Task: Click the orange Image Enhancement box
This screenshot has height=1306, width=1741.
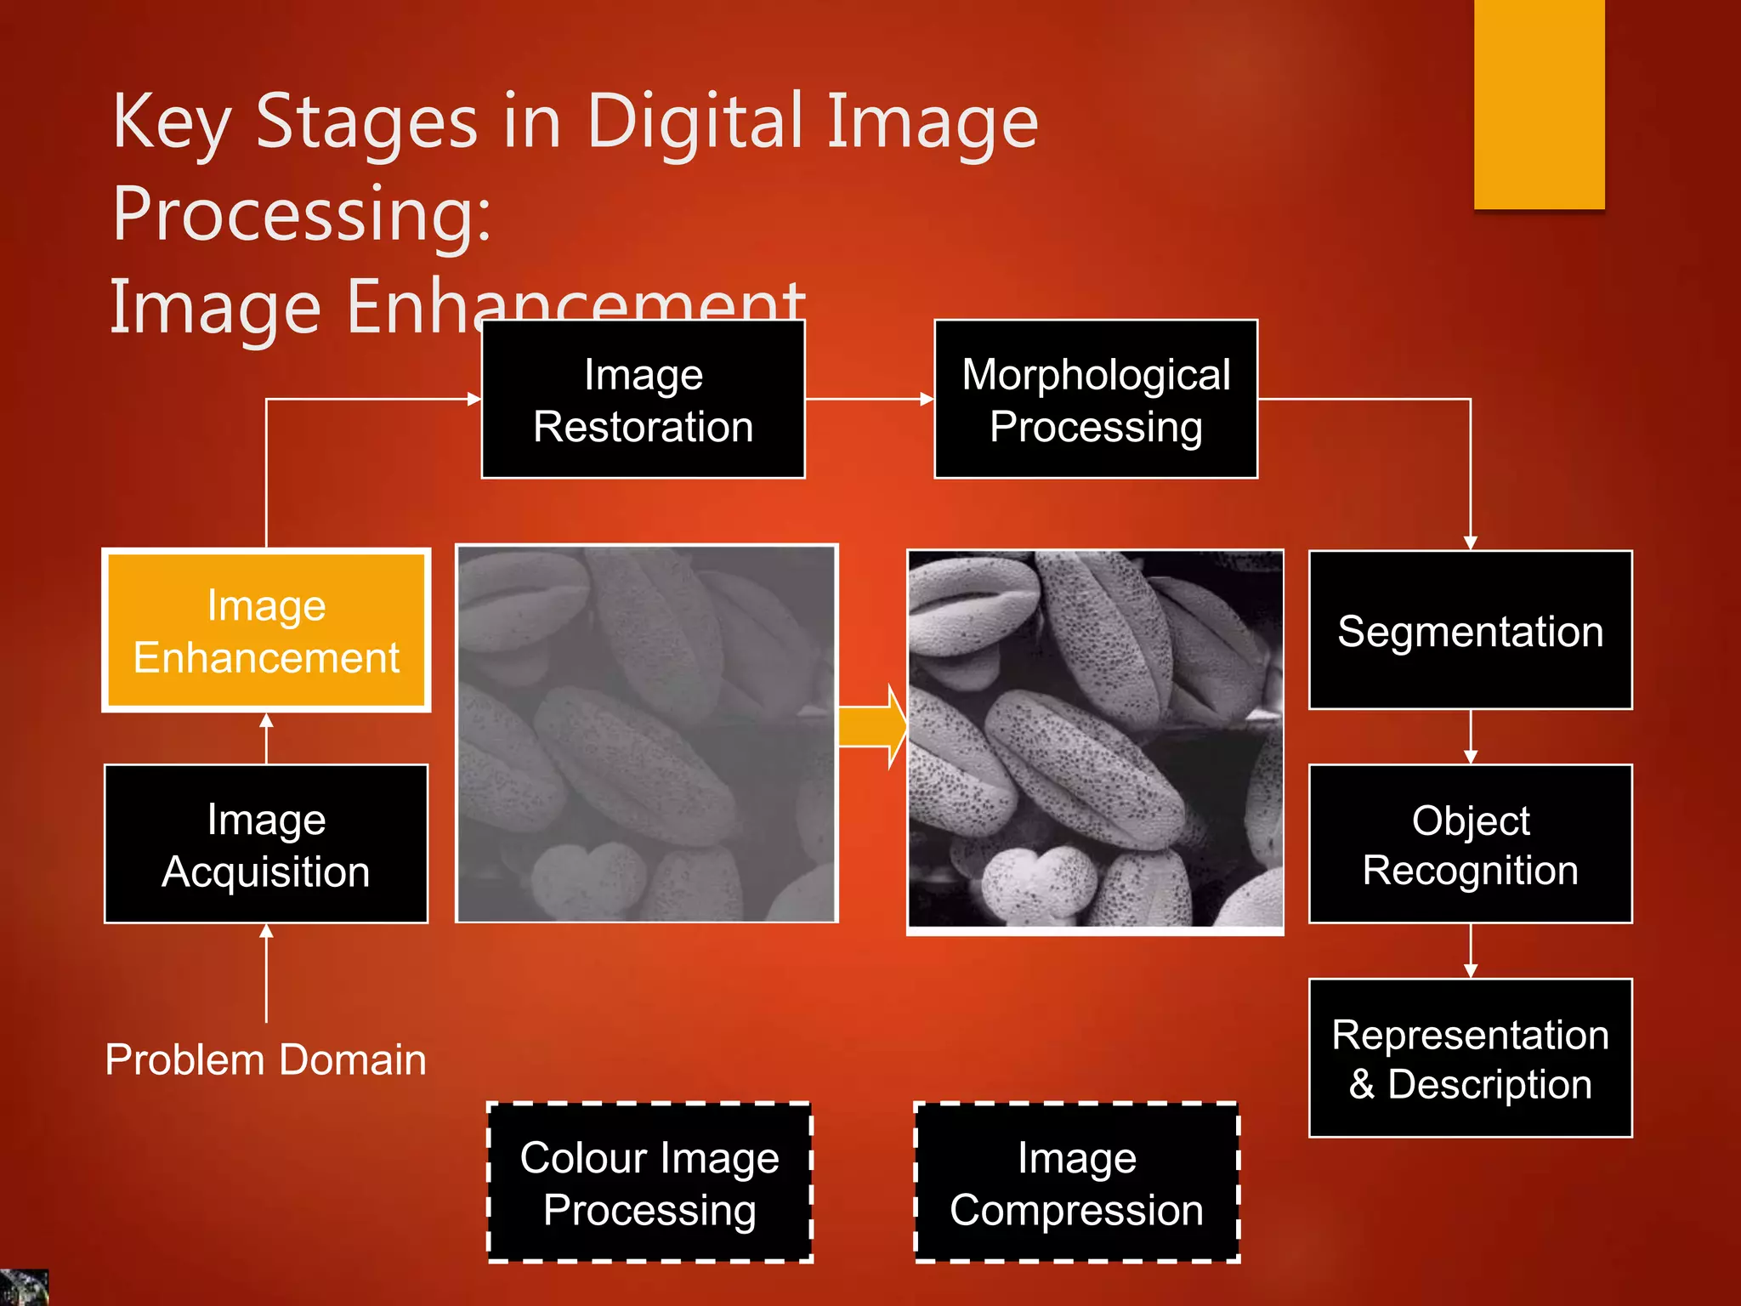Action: pos(266,630)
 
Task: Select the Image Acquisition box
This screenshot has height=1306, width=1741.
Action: pos(266,844)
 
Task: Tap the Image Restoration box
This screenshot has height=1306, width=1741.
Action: pos(643,400)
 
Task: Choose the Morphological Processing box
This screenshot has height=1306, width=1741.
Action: pos(1096,400)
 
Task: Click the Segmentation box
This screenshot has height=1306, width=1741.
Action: pos(1470,630)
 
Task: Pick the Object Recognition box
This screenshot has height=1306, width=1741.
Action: pos(1470,844)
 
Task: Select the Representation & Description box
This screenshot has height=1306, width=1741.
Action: pos(1470,1059)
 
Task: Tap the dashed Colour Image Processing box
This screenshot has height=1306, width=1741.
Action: pos(649,1183)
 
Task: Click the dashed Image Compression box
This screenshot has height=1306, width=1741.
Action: pos(1076,1183)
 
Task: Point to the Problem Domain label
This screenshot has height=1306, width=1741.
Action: pos(265,1060)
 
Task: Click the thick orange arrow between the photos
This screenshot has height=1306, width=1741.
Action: pos(872,727)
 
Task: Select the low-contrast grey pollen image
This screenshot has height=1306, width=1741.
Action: pos(647,734)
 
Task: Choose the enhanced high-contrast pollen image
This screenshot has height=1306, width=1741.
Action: pos(1095,739)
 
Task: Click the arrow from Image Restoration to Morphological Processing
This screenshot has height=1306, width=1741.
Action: pos(869,399)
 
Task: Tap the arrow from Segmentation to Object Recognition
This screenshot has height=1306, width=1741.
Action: pos(1471,737)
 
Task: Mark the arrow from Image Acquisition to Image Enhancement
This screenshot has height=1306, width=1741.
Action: pos(266,738)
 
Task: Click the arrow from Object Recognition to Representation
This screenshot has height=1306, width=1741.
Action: pos(1471,951)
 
